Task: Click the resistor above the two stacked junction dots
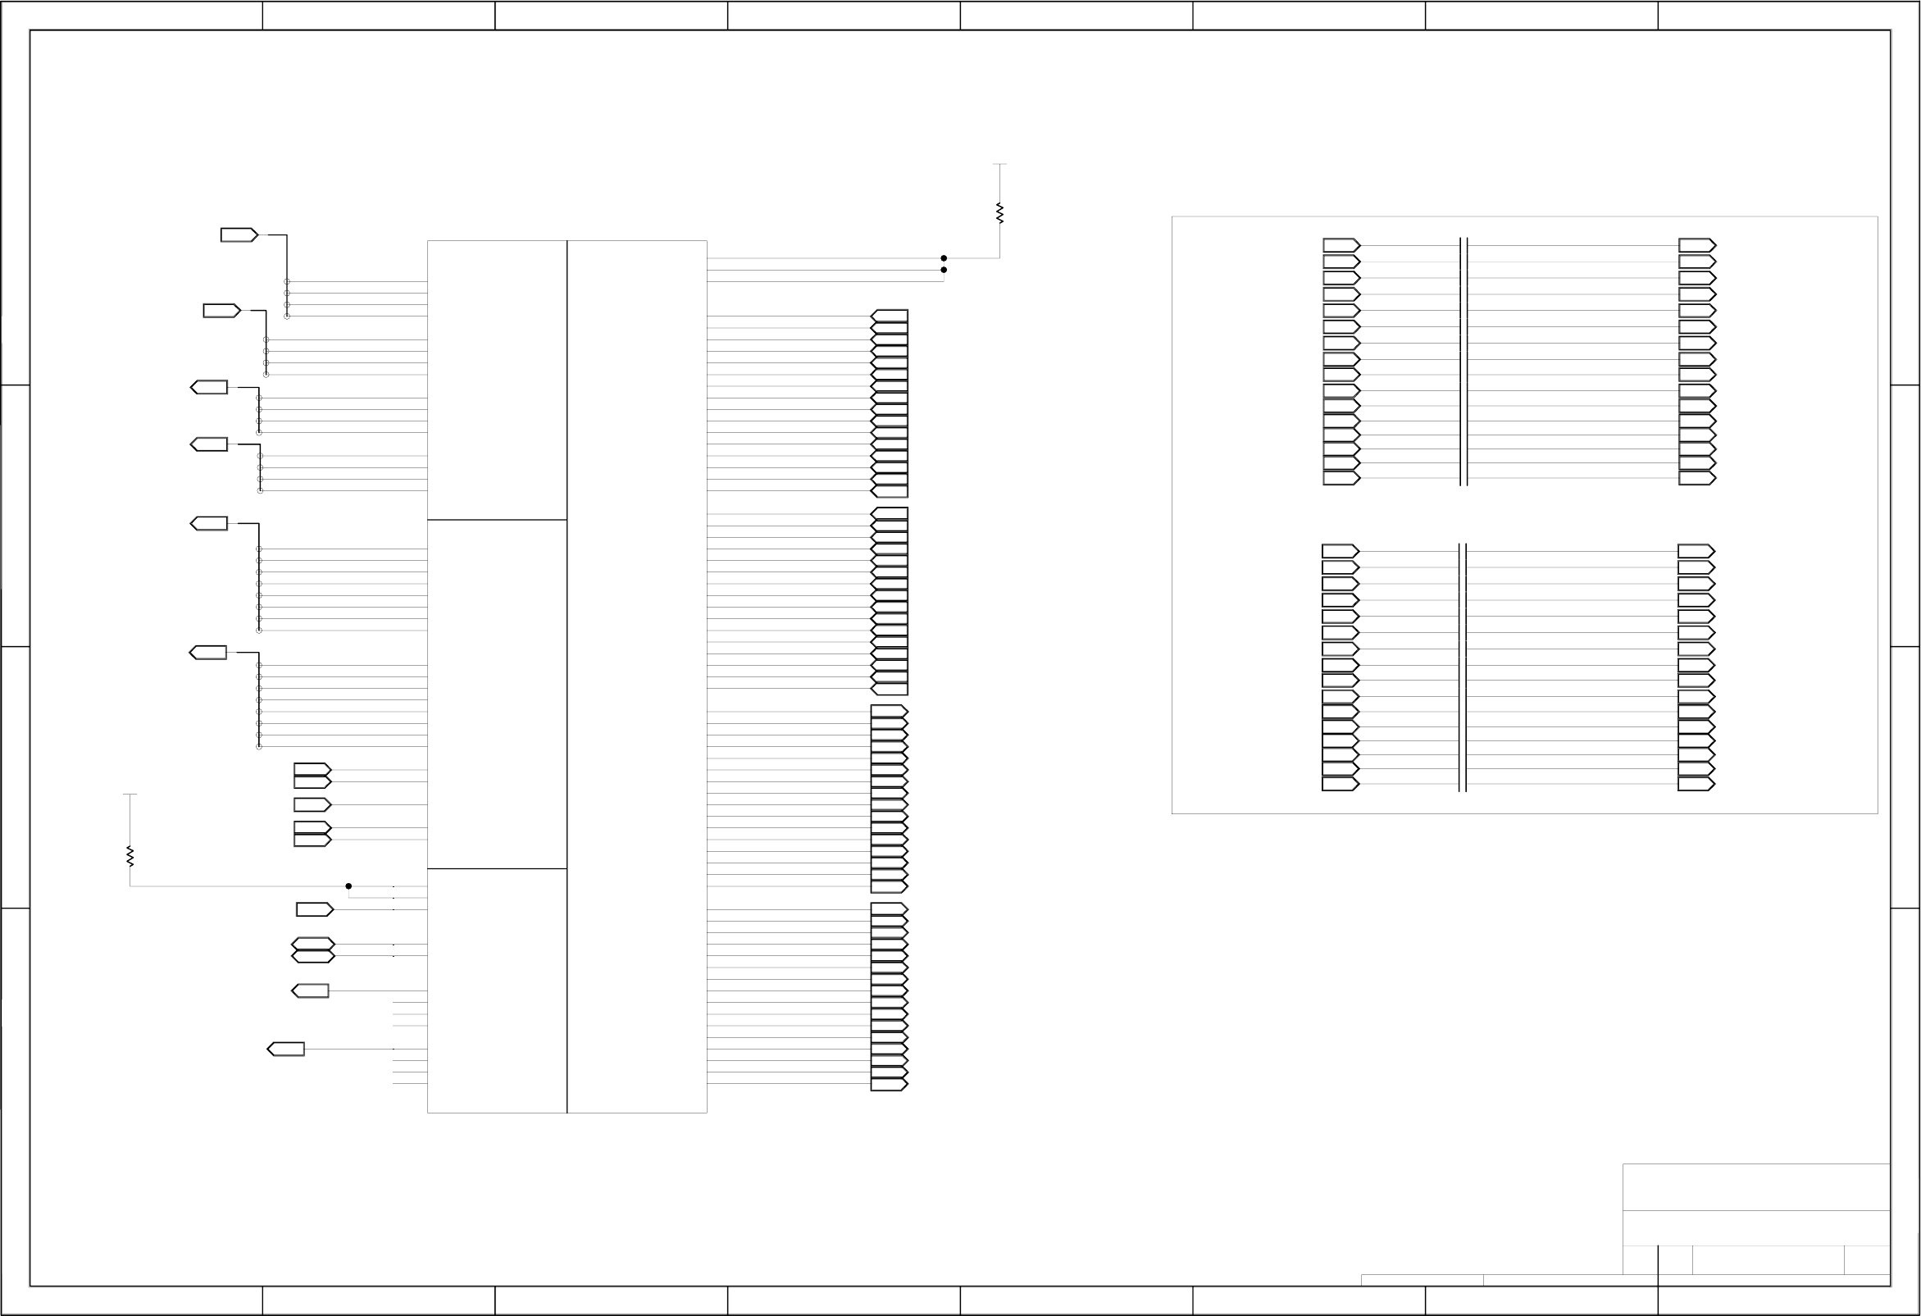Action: (999, 212)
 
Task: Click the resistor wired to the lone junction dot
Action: (130, 855)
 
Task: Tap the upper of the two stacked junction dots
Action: (944, 258)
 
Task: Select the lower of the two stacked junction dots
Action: (944, 270)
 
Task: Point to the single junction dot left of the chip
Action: (348, 886)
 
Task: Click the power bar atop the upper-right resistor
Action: (999, 165)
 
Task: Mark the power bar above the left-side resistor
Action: (130, 795)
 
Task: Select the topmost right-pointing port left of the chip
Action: (239, 235)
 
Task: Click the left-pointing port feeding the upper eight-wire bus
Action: (209, 523)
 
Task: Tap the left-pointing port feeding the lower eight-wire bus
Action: (208, 652)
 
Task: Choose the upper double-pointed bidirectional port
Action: (313, 944)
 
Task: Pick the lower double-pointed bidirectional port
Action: (313, 956)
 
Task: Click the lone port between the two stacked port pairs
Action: (312, 804)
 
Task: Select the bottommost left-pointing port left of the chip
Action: (286, 1049)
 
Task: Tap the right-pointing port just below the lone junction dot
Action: (315, 909)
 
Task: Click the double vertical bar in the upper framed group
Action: (1464, 362)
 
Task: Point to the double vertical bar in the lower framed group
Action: (1463, 667)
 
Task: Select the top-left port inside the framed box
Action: (1341, 245)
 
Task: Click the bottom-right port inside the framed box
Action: (1696, 784)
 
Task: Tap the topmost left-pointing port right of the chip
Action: (890, 316)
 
